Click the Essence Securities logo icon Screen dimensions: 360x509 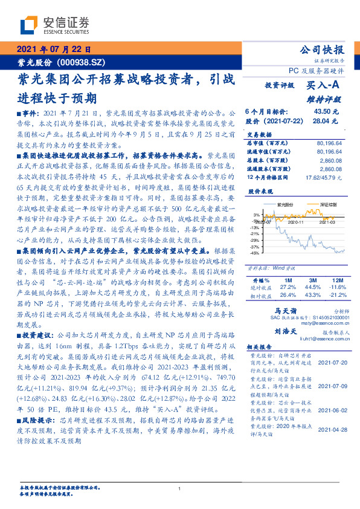[29, 25]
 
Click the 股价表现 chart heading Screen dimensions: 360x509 [260, 191]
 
